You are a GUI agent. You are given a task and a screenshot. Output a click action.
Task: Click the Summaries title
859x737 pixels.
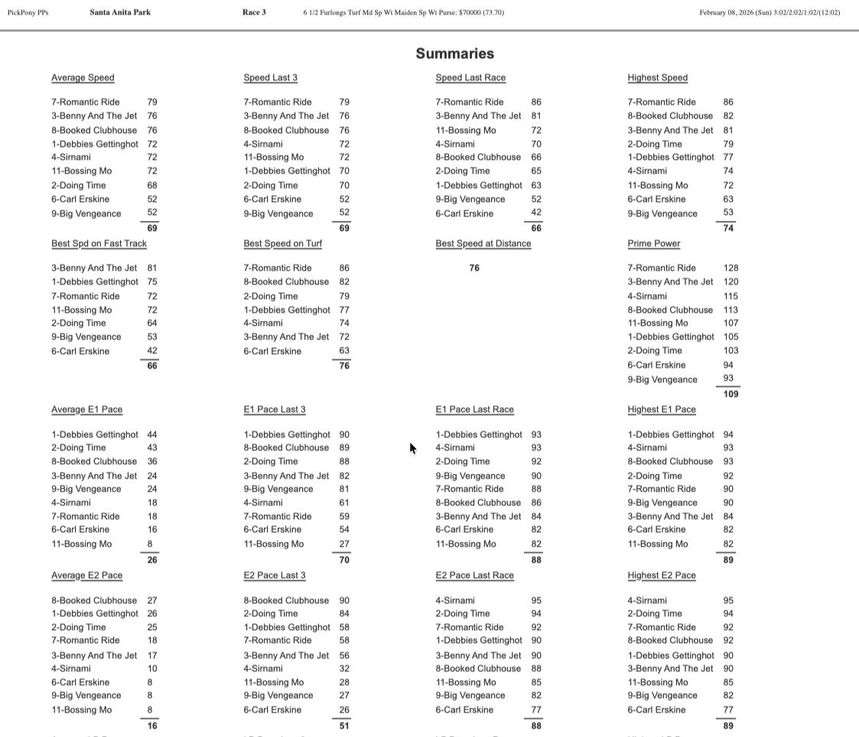coord(455,54)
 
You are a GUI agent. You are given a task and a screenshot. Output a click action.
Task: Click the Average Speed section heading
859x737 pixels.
coord(83,78)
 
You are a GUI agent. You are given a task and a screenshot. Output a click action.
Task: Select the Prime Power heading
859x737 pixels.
coord(654,244)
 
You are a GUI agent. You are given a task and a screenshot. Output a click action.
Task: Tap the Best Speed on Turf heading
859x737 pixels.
coord(282,244)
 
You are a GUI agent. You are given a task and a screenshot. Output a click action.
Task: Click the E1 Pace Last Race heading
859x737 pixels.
coord(474,410)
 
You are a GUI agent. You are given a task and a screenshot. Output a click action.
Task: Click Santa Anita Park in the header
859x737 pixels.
coord(120,12)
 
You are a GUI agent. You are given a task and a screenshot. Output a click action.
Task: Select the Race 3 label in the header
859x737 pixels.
coord(254,12)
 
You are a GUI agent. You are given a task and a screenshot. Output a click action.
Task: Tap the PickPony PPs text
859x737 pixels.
coord(28,13)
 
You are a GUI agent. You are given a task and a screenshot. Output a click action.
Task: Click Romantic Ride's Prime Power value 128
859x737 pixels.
coord(730,268)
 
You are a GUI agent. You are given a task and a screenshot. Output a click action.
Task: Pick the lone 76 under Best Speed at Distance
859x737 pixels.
coord(474,268)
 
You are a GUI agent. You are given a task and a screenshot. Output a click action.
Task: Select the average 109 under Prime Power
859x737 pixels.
coord(730,394)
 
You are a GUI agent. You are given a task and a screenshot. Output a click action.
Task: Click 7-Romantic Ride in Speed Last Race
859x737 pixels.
coord(470,102)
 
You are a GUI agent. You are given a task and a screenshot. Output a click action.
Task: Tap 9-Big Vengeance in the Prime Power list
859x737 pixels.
coord(662,380)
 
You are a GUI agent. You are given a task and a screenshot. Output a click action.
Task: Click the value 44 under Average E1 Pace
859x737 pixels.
coord(151,435)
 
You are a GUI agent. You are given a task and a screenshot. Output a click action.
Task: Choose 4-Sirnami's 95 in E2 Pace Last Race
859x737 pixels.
coord(536,601)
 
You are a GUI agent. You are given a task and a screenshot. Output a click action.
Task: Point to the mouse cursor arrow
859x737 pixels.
coord(412,448)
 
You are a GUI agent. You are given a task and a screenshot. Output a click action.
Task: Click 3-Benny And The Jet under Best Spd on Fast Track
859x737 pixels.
coord(94,268)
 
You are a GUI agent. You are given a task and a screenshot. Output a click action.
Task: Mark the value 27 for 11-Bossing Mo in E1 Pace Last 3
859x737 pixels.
coord(344,544)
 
